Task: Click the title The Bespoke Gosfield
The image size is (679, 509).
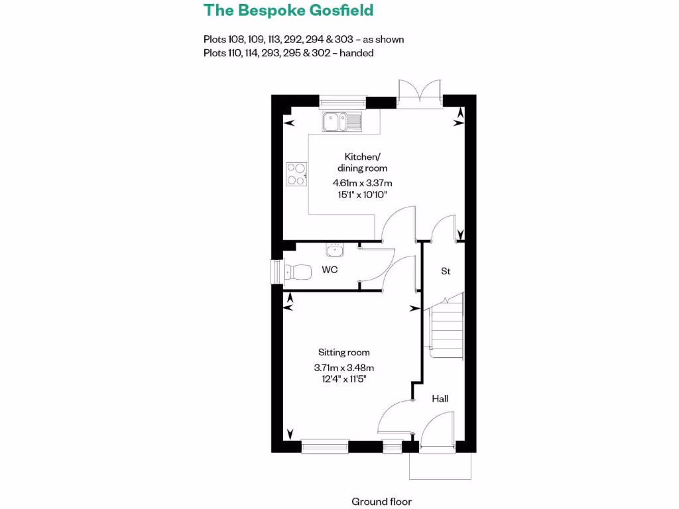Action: (x=288, y=10)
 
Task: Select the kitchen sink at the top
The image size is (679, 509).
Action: (x=342, y=121)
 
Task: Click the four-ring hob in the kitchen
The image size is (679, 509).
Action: (x=296, y=174)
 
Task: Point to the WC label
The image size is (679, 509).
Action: (x=330, y=270)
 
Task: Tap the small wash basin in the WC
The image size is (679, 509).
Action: (x=334, y=250)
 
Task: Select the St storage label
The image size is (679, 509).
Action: (x=446, y=271)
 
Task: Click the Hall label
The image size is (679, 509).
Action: (x=440, y=398)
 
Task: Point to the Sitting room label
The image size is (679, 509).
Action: (x=343, y=353)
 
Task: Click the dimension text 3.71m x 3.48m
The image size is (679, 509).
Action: (x=344, y=368)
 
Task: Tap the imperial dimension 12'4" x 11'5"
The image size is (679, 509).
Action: (x=344, y=379)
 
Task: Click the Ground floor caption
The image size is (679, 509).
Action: (x=381, y=502)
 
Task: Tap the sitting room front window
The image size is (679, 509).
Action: (x=325, y=447)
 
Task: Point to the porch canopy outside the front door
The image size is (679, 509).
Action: (x=440, y=466)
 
